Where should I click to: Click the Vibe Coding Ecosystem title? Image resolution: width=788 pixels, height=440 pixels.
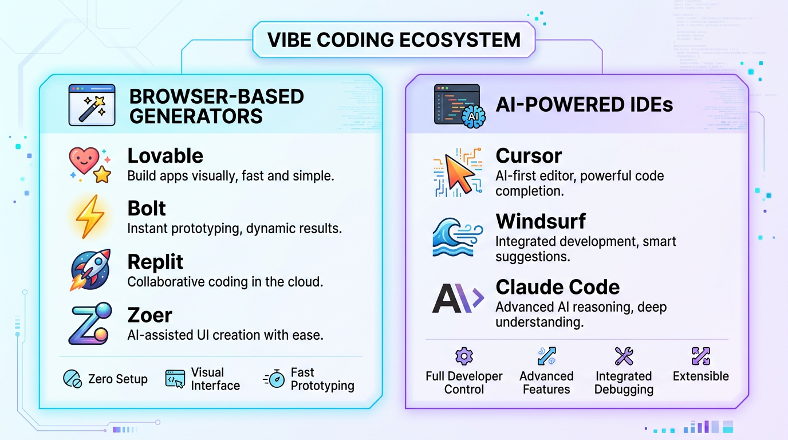pyautogui.click(x=394, y=40)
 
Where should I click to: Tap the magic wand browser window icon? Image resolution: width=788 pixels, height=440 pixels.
pyautogui.click(x=92, y=105)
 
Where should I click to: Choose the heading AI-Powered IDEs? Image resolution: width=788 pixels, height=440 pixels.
pyautogui.click(x=584, y=105)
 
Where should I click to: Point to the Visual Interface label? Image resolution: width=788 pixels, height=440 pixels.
pyautogui.click(x=215, y=379)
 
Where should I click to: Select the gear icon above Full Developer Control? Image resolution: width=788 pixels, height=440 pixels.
pyautogui.click(x=463, y=356)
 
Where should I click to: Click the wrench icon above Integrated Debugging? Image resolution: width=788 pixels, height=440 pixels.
pyautogui.click(x=624, y=356)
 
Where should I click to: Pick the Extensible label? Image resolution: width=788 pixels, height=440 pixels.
pyautogui.click(x=700, y=376)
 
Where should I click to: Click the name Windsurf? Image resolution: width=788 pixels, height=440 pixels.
pyautogui.click(x=541, y=221)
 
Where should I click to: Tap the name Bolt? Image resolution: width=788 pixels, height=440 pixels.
pyautogui.click(x=147, y=208)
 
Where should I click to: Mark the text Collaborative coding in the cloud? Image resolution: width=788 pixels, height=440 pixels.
pyautogui.click(x=225, y=282)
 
